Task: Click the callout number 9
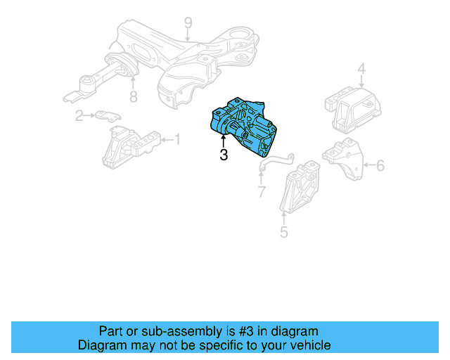(188, 23)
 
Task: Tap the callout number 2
(80, 116)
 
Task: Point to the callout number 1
(176, 141)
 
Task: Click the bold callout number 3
(224, 155)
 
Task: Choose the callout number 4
(361, 70)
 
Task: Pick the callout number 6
(380, 166)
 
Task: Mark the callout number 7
(262, 191)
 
